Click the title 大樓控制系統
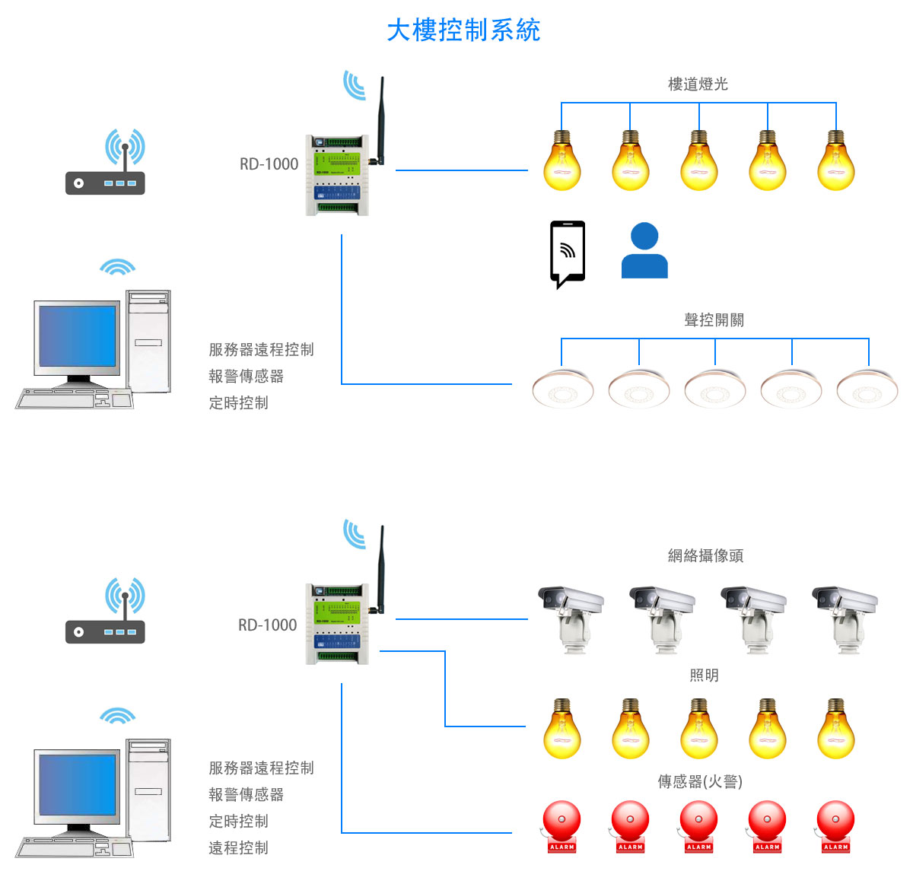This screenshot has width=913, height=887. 463,30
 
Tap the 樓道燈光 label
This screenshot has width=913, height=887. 698,84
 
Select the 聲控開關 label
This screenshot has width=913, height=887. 714,320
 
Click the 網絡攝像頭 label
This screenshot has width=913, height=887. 705,556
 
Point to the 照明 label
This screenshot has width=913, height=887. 704,676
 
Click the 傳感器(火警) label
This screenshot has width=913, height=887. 700,782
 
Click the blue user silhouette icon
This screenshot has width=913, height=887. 644,251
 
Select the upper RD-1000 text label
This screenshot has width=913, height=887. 269,164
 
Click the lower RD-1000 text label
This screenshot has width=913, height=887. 267,625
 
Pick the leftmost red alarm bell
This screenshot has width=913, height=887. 561,825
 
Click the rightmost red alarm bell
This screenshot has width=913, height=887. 835,825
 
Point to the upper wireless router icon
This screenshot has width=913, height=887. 105,164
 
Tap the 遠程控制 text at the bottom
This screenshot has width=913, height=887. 238,848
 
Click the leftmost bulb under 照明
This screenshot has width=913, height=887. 562,730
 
